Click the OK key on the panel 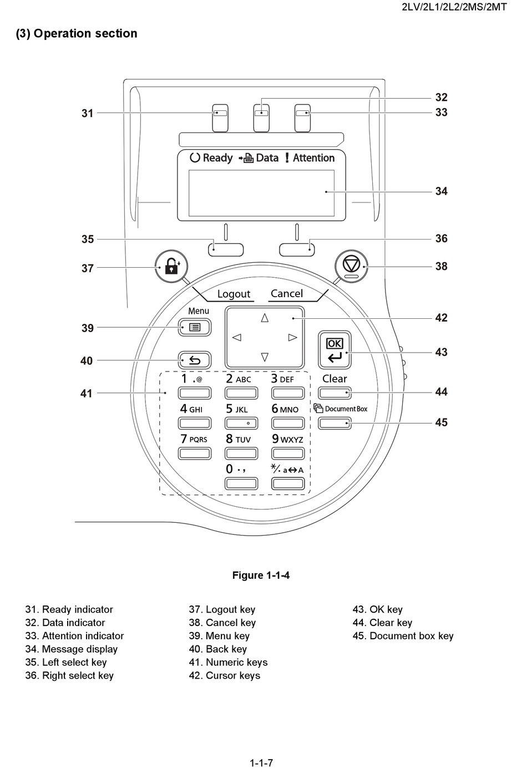coord(335,349)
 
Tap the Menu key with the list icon coord(195,327)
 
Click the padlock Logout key coord(171,266)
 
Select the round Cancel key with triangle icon coord(351,266)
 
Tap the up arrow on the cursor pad coord(265,318)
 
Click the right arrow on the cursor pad coord(292,337)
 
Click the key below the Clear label coord(335,393)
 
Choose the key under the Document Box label coord(335,423)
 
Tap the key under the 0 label coord(241,483)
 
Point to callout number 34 coord(442,191)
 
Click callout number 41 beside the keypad coord(87,393)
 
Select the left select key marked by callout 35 coord(226,250)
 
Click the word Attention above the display coord(313,158)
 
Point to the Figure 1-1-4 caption coord(261,575)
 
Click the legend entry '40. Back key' coord(218,649)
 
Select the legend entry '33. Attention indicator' coord(74,636)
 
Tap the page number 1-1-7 coord(261,763)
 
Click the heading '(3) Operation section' coord(77,33)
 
